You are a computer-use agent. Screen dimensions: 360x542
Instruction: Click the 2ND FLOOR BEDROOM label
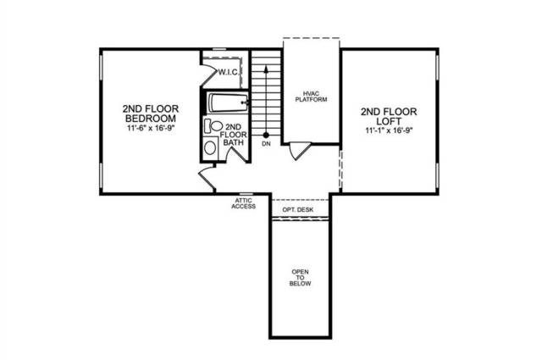(x=149, y=114)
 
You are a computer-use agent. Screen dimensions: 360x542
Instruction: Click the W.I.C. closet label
(x=229, y=73)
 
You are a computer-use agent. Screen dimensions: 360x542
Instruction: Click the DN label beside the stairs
(x=266, y=145)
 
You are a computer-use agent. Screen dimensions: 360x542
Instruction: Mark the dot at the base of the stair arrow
(x=266, y=135)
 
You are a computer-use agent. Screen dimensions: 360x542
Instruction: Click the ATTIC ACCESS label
(x=244, y=202)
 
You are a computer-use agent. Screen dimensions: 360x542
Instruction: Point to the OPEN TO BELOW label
(x=301, y=279)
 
